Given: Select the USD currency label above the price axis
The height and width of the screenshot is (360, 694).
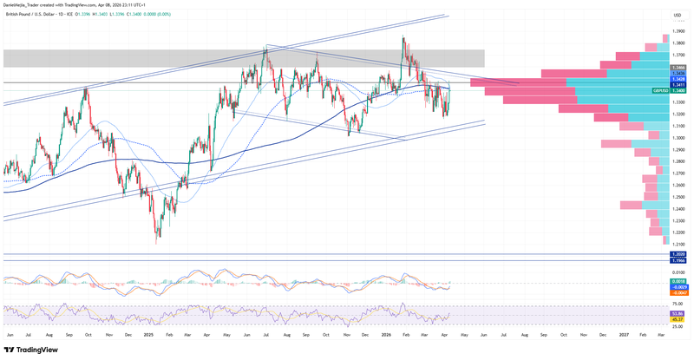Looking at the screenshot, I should click(x=676, y=15).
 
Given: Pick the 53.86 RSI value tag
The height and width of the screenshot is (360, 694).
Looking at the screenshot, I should click(x=678, y=313).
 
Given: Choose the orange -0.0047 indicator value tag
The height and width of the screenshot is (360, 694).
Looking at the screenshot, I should click(x=678, y=294).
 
